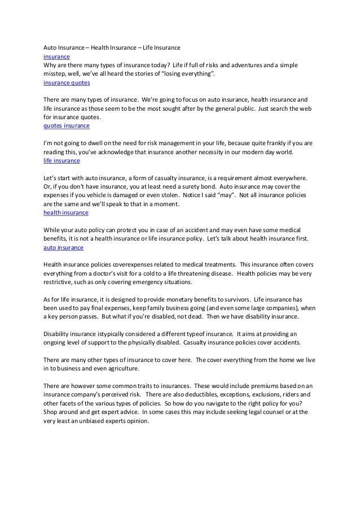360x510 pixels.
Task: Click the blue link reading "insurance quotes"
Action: click(x=63, y=82)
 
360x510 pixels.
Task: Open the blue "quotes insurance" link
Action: click(x=63, y=126)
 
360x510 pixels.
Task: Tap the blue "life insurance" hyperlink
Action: click(x=62, y=161)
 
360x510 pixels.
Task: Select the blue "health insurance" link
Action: click(x=65, y=213)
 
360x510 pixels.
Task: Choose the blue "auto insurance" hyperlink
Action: click(x=63, y=247)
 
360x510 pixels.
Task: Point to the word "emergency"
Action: click(x=141, y=282)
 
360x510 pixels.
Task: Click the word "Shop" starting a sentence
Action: click(x=52, y=412)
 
